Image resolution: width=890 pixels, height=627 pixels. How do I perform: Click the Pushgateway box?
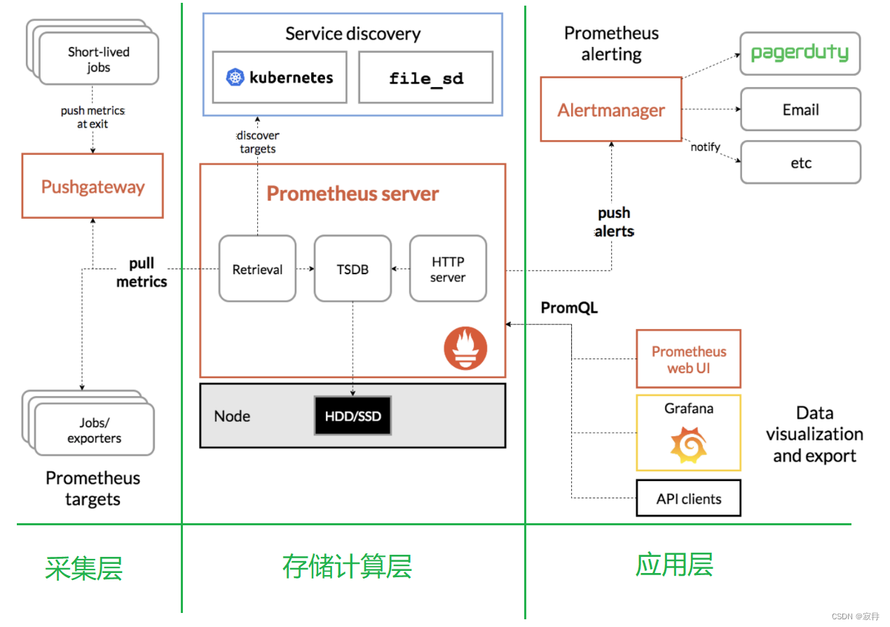pos(93,187)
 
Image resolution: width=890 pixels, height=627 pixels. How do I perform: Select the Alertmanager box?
pos(611,110)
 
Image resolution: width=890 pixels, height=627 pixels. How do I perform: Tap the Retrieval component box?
pos(257,269)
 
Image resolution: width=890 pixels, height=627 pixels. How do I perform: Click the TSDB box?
pos(352,269)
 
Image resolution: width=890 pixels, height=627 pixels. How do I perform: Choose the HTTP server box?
pos(448,269)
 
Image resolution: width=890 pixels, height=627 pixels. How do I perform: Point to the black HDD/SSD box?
pos(352,416)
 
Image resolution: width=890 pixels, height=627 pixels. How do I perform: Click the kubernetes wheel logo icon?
pos(235,77)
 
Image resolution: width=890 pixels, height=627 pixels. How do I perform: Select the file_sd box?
pos(426,77)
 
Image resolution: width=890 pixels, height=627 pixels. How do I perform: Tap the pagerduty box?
pos(800,53)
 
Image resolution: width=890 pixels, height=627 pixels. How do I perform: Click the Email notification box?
pos(800,109)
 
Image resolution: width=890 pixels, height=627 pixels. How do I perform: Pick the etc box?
pos(800,163)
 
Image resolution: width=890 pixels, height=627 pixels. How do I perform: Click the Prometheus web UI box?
pos(688,359)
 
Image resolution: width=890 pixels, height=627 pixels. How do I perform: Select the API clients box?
pos(688,499)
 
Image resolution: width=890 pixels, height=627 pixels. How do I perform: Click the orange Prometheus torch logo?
pos(465,348)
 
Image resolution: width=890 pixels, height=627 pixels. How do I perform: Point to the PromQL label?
pos(569,307)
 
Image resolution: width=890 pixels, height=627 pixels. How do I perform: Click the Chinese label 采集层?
pos(84,567)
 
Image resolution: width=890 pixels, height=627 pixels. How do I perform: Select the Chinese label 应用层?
pos(674,564)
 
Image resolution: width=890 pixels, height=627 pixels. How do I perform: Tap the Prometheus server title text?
pos(352,194)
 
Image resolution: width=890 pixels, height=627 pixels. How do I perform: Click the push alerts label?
pos(614,222)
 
